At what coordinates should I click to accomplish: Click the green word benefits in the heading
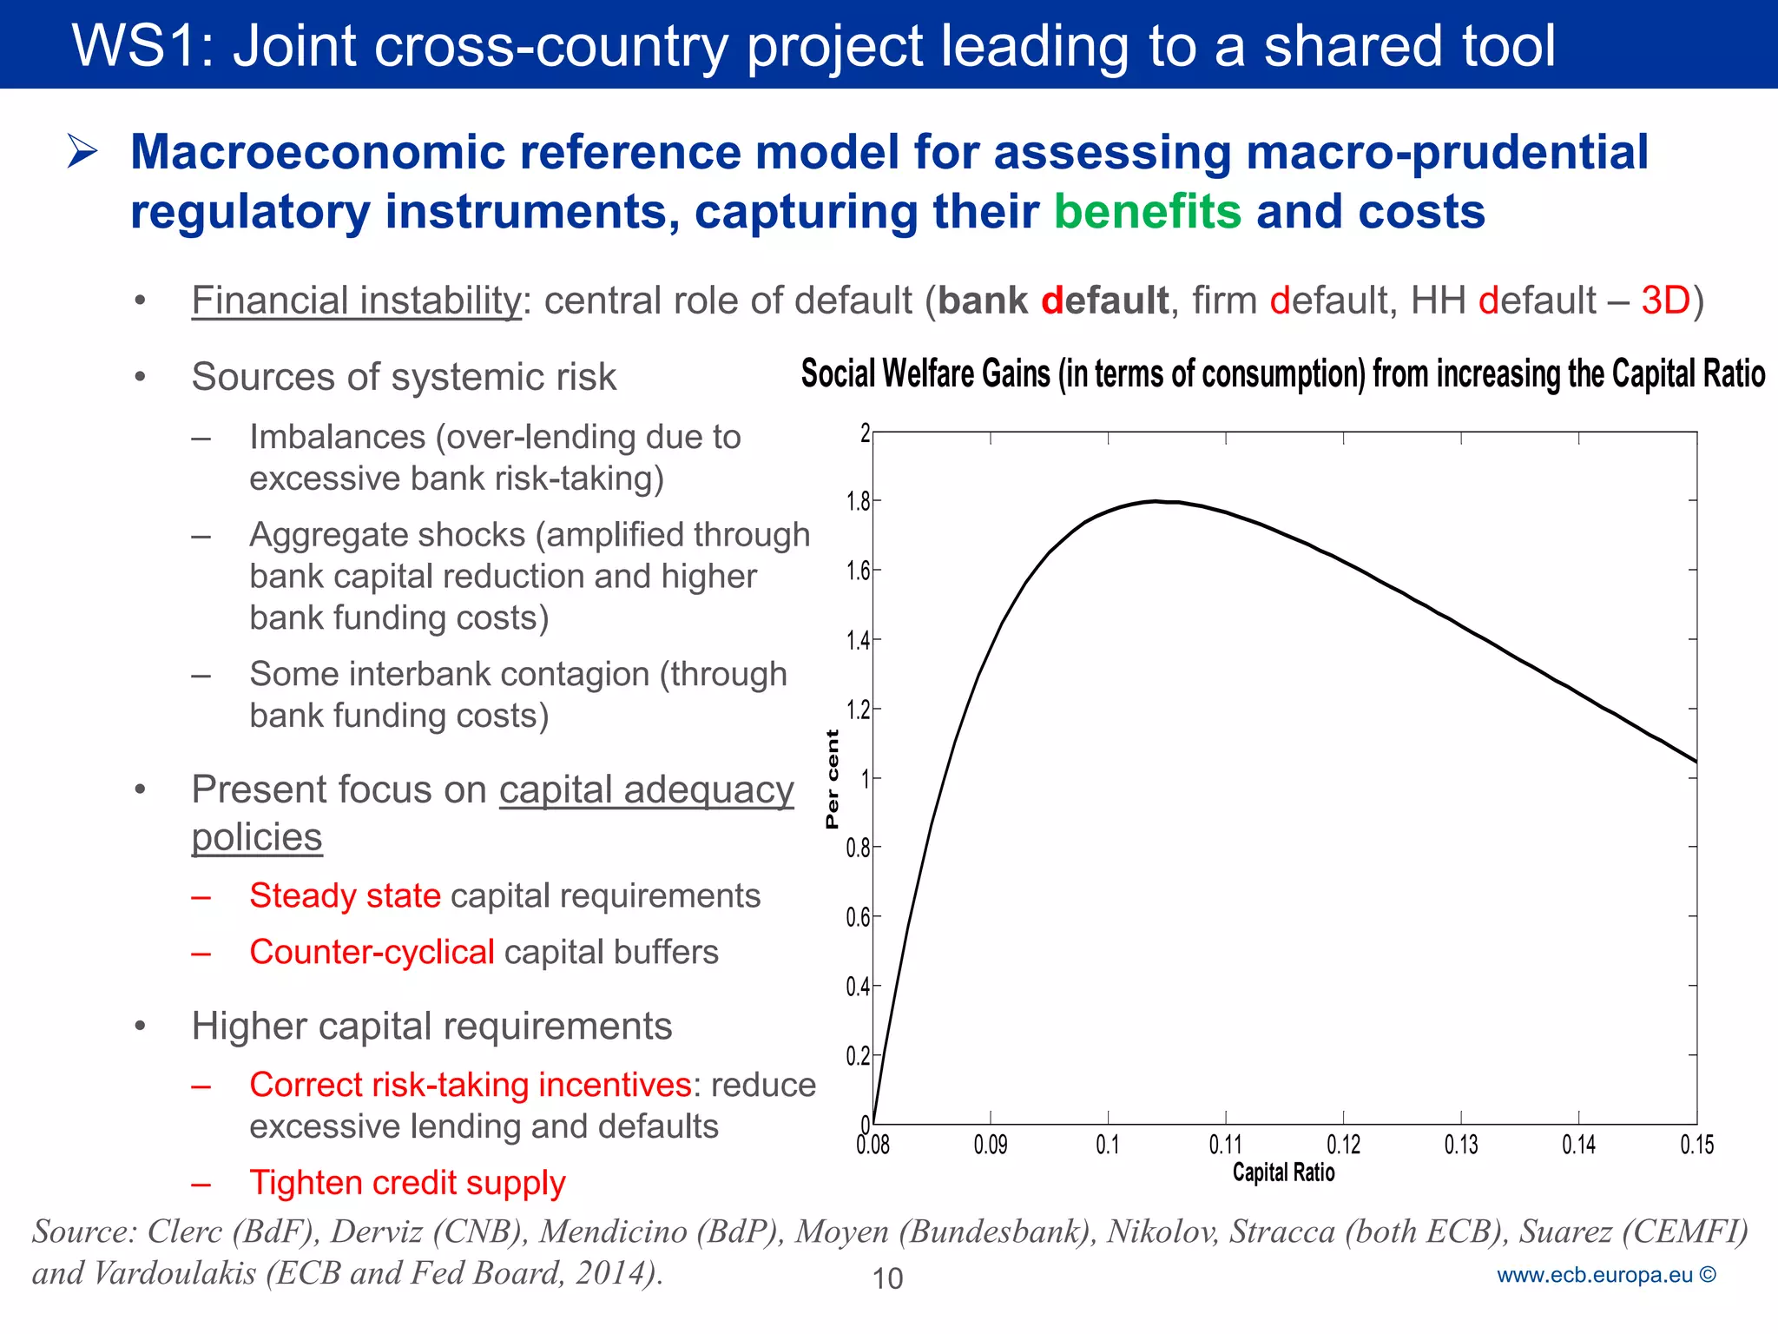click(1148, 212)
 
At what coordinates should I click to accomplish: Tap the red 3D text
click(1665, 300)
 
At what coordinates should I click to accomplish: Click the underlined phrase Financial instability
click(356, 300)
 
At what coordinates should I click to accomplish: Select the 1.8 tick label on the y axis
click(858, 502)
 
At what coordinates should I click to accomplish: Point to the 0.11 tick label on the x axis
click(1225, 1145)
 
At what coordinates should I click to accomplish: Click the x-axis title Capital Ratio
click(1283, 1172)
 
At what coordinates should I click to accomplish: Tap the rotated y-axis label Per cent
click(833, 779)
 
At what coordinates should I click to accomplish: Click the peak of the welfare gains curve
click(1156, 501)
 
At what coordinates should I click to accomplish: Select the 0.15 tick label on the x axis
click(1696, 1145)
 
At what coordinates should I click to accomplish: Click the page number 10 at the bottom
click(887, 1278)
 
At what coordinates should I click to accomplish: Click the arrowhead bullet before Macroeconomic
click(83, 152)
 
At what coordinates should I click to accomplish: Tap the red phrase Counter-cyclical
click(372, 952)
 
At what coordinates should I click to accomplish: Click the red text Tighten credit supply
click(407, 1183)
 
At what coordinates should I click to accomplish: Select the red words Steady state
click(345, 895)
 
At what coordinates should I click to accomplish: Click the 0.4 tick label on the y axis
click(858, 987)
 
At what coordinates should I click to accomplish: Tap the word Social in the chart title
click(838, 374)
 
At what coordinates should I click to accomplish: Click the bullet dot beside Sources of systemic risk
click(140, 377)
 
